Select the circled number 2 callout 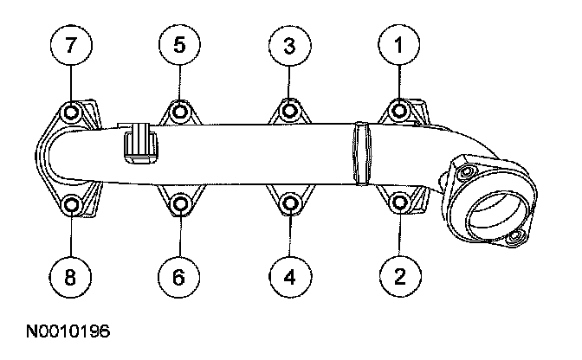pyautogui.click(x=399, y=276)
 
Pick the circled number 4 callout pyautogui.click(x=290, y=276)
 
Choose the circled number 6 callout pyautogui.click(x=180, y=276)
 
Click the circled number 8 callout pyautogui.click(x=71, y=276)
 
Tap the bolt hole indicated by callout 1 pyautogui.click(x=399, y=111)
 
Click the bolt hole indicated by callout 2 pyautogui.click(x=399, y=204)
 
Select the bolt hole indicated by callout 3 pyautogui.click(x=290, y=111)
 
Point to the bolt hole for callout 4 pyautogui.click(x=290, y=205)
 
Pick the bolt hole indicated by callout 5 pyautogui.click(x=180, y=111)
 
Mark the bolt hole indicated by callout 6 pyautogui.click(x=180, y=205)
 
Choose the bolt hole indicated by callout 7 pyautogui.click(x=71, y=112)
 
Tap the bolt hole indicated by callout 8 pyautogui.click(x=71, y=205)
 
